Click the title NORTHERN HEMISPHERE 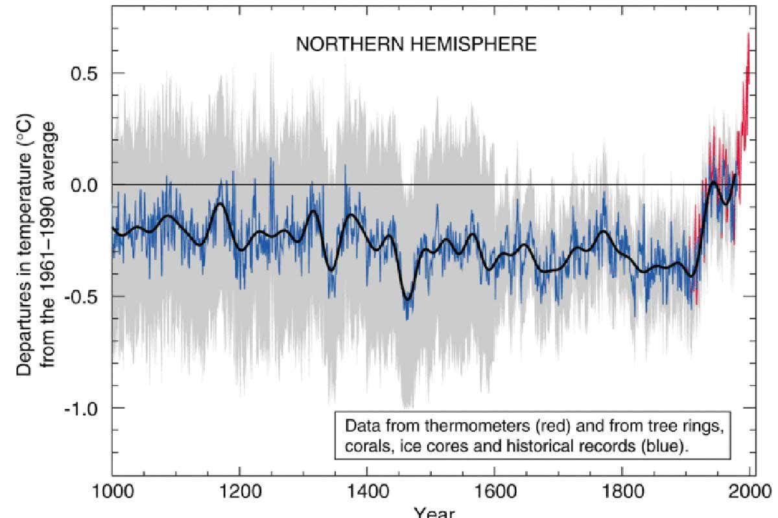pyautogui.click(x=416, y=44)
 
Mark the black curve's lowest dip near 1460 pyautogui.click(x=407, y=299)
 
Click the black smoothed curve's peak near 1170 pyautogui.click(x=220, y=204)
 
